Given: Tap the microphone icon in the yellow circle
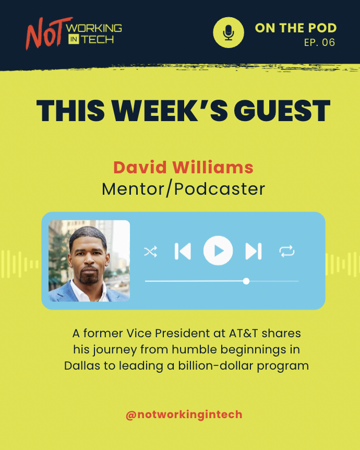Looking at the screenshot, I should coord(229,32).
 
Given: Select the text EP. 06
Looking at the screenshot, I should coord(320,43).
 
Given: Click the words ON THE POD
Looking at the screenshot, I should coord(295,28).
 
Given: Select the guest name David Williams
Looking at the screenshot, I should coord(183,168).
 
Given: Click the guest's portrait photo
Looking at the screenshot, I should coord(89,260).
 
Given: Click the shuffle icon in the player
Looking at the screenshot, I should coord(150,252).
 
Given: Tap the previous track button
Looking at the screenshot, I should coord(183,251).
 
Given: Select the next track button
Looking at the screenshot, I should coord(253,251).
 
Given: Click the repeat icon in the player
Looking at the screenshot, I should coord(287,252).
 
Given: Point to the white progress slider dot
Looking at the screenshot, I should coord(246,281).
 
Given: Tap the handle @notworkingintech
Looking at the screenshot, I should coord(184,415).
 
